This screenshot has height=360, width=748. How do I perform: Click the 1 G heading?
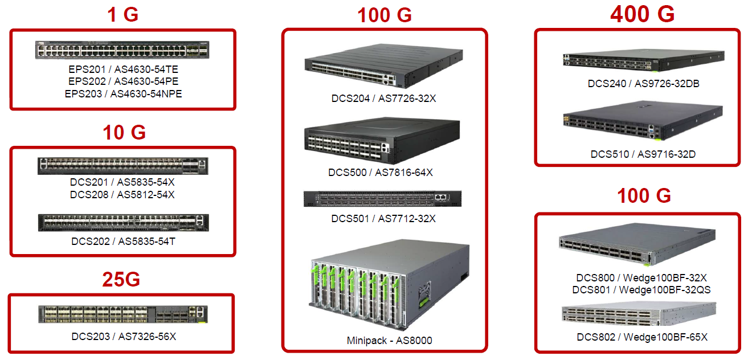(122, 15)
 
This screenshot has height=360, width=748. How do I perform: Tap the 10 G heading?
(124, 132)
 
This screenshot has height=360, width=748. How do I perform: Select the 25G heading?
(121, 279)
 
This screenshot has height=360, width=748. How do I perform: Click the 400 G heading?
(643, 14)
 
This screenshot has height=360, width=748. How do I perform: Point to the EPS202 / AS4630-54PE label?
(123, 81)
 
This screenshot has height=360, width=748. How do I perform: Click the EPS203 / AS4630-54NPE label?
(123, 94)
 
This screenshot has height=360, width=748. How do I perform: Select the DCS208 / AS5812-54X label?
(122, 194)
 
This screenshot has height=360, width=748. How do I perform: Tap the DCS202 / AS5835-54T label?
(123, 241)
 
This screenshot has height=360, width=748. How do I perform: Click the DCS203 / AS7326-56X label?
(124, 336)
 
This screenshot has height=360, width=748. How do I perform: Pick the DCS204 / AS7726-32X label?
(383, 99)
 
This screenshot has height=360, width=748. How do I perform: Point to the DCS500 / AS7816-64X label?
(381, 173)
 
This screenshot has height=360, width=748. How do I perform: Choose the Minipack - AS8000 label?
(389, 340)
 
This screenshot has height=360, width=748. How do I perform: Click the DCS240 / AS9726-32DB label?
(644, 84)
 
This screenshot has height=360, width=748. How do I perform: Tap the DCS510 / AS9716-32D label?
(643, 154)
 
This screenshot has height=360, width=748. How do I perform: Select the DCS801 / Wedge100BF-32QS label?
(641, 290)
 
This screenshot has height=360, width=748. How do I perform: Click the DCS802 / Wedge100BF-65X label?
(642, 337)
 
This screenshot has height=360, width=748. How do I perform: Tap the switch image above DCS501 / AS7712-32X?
(382, 199)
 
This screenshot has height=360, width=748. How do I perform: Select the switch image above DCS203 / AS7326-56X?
(123, 314)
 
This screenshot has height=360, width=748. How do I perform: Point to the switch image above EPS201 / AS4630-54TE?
(122, 50)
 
